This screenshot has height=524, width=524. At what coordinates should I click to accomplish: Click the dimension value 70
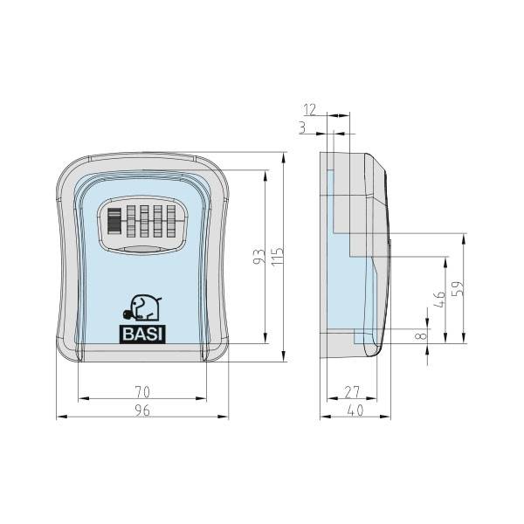click(x=142, y=392)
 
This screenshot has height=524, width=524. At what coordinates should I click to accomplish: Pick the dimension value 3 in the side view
click(x=302, y=128)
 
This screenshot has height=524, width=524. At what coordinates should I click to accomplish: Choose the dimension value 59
click(x=459, y=287)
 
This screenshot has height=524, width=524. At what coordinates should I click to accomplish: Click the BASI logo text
click(x=142, y=333)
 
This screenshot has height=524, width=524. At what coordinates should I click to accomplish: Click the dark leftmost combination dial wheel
click(x=114, y=222)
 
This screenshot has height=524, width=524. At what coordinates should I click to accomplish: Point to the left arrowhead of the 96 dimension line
click(x=59, y=417)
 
